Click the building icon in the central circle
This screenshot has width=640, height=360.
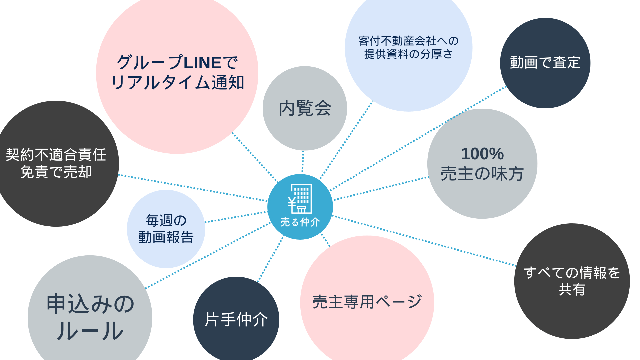point(300,199)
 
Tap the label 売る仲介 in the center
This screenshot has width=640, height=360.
point(300,222)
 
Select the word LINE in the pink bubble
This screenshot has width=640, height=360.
point(203,63)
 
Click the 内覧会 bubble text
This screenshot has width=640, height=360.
point(305,108)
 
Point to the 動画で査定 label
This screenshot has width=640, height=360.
point(545,63)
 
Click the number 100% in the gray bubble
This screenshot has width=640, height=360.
point(482,154)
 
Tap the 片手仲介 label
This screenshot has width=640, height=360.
point(236,319)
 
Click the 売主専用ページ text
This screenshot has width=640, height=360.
point(367,302)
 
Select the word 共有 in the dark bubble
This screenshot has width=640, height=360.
point(572,290)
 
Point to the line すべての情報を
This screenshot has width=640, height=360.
point(572,273)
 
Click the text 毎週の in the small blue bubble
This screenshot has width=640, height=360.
point(166,220)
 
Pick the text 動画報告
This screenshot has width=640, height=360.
point(166,237)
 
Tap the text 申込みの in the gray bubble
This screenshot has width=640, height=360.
point(90,304)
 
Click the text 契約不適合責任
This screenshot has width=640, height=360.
point(56,155)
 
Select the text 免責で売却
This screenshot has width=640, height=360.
point(56,172)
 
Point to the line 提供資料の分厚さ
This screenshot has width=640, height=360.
point(408,54)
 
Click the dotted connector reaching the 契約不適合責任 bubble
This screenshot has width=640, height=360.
point(193,188)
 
